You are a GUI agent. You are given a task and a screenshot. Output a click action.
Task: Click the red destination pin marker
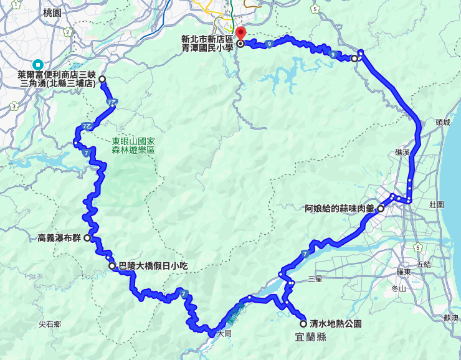click(240, 33)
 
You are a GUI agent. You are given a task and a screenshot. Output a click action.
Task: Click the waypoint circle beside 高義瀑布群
click(87, 238)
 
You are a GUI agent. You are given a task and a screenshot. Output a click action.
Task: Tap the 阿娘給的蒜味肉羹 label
click(339, 209)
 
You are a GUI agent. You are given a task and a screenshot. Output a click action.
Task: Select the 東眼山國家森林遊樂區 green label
click(133, 146)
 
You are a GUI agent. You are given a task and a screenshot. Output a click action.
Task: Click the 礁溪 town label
click(402, 152)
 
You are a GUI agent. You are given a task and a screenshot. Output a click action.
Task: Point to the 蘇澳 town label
click(451, 318)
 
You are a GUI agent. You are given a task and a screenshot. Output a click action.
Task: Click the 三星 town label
click(315, 279)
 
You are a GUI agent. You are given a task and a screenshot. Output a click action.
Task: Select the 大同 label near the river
click(224, 334)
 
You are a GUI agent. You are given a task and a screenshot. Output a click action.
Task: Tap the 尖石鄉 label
click(49, 324)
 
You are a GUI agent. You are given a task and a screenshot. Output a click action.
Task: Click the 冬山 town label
click(398, 288)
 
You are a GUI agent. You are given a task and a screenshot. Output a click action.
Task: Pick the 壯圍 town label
click(436, 204)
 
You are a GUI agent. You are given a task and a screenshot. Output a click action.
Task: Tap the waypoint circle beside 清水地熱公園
click(303, 324)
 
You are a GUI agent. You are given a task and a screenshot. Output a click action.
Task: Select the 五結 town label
click(423, 264)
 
